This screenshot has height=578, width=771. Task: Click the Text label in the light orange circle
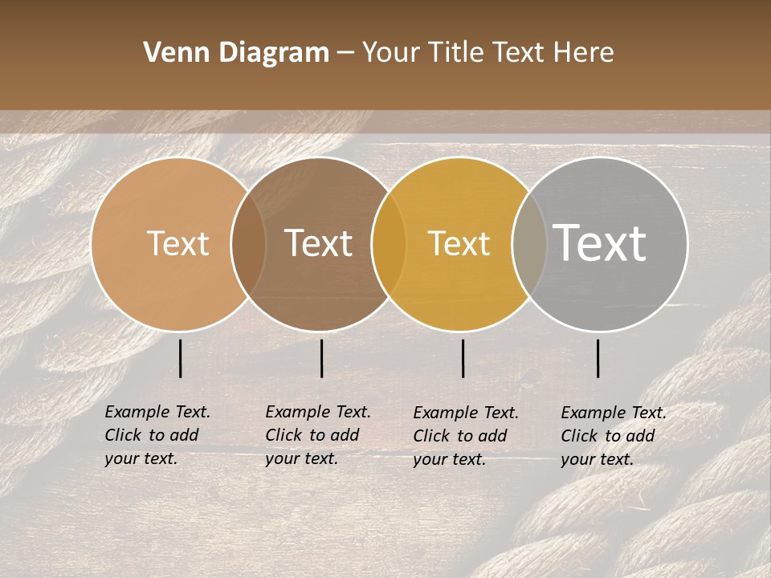[177, 243]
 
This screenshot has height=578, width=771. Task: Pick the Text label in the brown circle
[318, 243]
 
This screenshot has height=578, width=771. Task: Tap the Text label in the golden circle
[459, 243]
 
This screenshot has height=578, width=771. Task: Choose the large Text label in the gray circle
[599, 243]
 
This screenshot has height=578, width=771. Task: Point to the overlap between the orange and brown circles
[248, 243]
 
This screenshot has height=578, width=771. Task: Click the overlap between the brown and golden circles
[389, 243]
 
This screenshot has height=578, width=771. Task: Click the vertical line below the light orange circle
[180, 358]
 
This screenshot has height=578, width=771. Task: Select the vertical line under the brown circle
[321, 358]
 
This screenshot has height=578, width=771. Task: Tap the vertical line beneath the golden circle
[463, 358]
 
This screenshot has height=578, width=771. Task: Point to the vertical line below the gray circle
[598, 358]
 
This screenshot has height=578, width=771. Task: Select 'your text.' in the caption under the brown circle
[301, 458]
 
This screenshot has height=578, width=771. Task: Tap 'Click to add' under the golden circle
[460, 436]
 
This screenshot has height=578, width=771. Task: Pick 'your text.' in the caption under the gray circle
[597, 459]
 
